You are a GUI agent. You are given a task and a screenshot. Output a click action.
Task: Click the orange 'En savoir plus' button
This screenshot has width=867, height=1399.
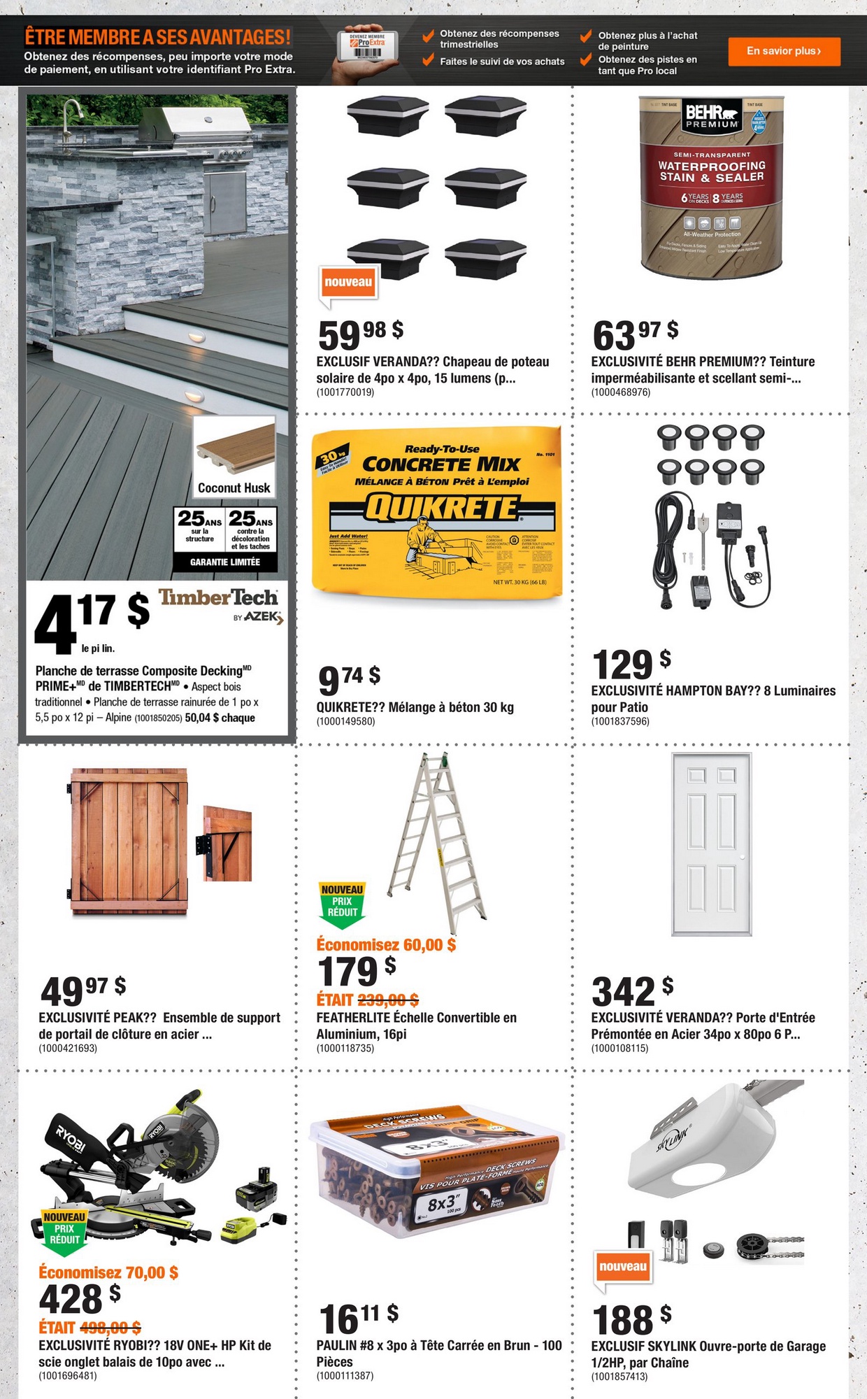[x=784, y=51]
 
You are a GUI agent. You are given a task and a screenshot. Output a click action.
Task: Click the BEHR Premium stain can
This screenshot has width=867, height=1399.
[x=712, y=187]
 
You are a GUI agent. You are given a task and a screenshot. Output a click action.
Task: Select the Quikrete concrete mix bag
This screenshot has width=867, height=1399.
[x=438, y=515]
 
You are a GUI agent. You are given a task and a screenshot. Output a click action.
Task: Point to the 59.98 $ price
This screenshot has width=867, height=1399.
[x=360, y=334]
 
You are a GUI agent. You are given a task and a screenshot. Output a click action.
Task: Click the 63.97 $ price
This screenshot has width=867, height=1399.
[x=635, y=334]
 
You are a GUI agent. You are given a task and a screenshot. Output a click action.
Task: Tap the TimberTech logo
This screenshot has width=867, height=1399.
[x=219, y=598]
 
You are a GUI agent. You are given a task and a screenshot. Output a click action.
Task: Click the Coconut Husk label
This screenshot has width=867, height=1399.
[x=234, y=488]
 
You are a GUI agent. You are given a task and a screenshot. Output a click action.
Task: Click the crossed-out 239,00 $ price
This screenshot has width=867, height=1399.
[x=388, y=1000]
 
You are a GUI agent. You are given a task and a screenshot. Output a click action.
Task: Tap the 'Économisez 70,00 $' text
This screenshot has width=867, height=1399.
[x=108, y=1272]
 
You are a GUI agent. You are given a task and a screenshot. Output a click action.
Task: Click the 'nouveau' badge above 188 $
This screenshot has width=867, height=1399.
[x=623, y=1267]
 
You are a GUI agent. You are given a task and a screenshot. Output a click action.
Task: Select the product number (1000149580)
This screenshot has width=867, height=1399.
[x=345, y=721]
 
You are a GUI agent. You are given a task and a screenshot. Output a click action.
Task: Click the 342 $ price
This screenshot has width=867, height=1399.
[x=632, y=990]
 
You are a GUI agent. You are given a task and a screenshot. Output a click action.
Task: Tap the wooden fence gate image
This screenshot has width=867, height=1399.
[x=129, y=841]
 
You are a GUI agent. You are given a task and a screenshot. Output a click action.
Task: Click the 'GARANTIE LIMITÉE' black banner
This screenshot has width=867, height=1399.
[x=225, y=562]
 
